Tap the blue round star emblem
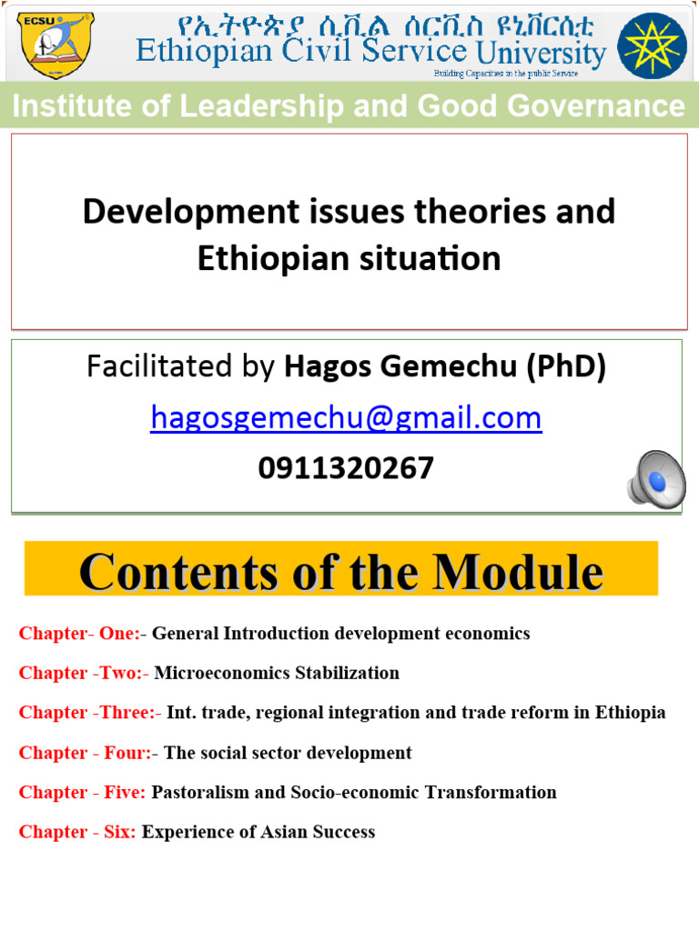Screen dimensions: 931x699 652,45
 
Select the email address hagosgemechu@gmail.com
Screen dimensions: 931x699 346,418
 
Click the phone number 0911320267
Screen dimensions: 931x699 346,468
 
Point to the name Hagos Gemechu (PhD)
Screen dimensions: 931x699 445,366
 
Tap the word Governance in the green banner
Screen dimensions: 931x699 593,106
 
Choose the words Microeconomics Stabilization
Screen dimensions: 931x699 277,674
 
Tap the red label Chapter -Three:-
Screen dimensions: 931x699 89,713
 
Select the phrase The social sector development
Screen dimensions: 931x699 288,753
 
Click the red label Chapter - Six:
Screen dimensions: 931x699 77,832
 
